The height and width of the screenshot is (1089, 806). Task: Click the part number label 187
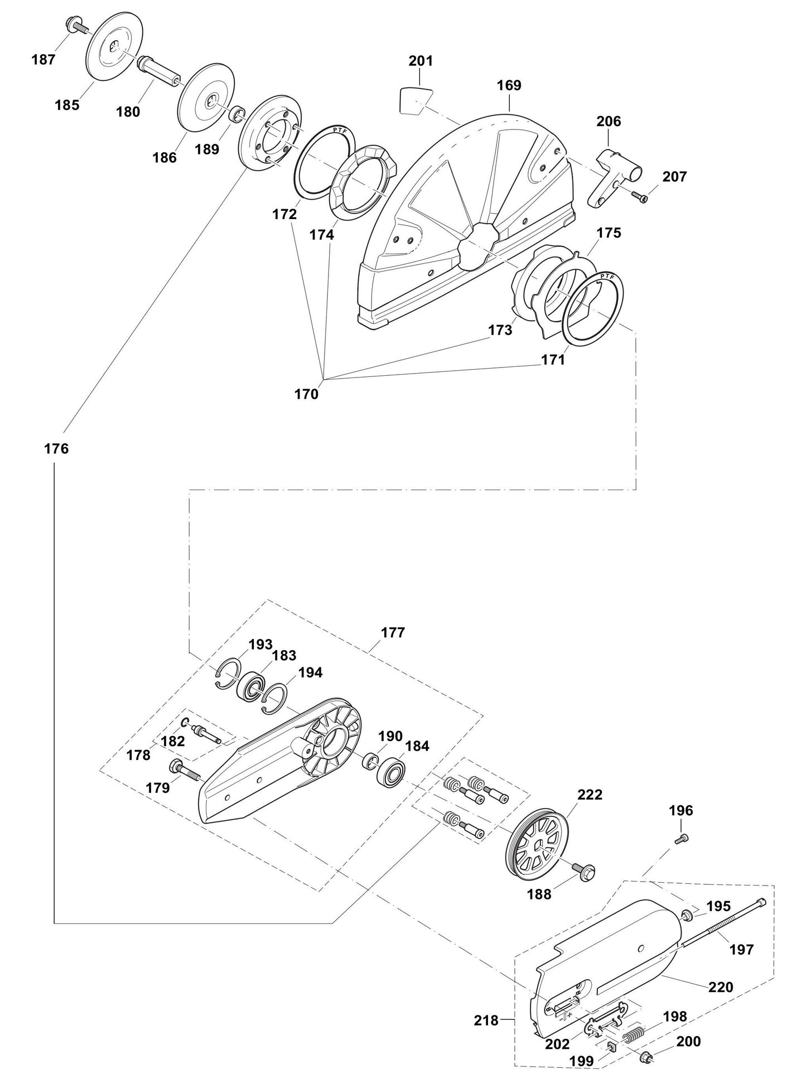[x=43, y=60]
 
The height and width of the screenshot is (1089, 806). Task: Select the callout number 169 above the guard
[x=509, y=85]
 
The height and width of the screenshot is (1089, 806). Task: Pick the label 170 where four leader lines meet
[x=306, y=394]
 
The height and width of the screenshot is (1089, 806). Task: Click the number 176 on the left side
[x=56, y=448]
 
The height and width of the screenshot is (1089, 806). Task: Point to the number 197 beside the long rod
[x=741, y=949]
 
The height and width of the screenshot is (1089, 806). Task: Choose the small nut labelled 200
[x=648, y=1057]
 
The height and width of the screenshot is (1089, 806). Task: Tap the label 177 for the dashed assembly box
[x=393, y=633]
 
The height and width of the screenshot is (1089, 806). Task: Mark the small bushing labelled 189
[x=238, y=115]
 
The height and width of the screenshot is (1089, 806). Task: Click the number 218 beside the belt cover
[x=486, y=1020]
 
